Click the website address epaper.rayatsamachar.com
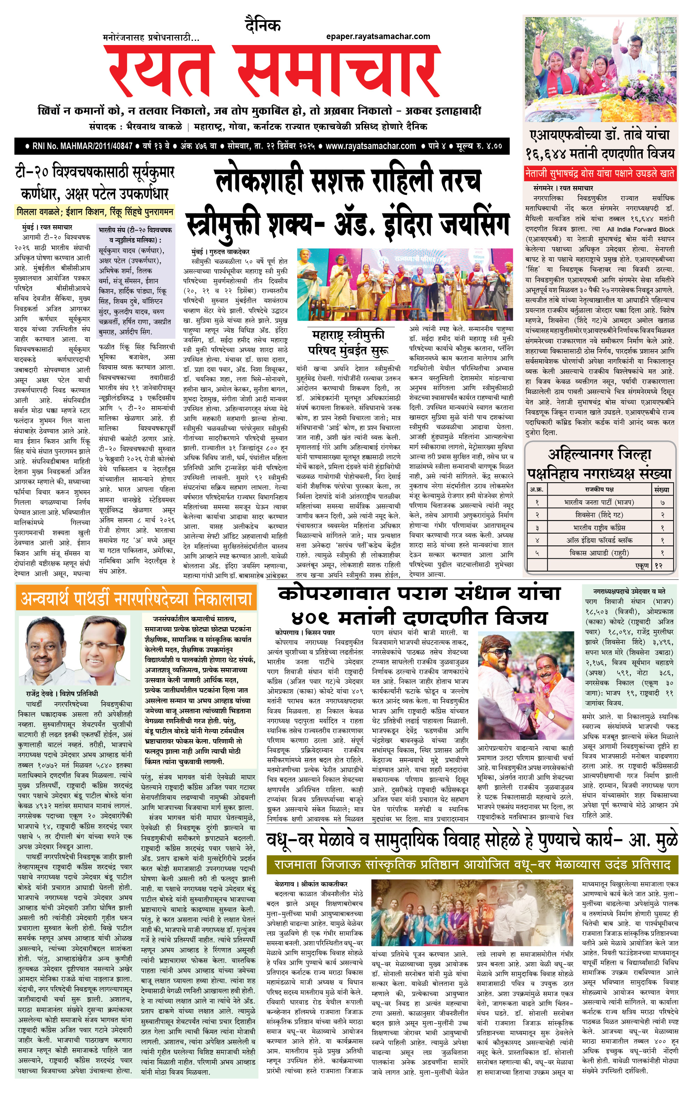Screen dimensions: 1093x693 (378, 36)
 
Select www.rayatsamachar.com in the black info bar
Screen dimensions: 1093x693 (370, 146)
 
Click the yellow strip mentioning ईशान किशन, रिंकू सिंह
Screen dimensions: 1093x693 (94, 212)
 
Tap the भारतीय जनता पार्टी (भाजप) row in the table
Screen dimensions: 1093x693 (599, 503)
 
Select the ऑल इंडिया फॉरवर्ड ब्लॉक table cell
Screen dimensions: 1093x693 (599, 540)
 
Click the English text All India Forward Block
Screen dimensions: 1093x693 (640, 229)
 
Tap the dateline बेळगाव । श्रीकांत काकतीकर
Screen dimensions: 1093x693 (311, 884)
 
